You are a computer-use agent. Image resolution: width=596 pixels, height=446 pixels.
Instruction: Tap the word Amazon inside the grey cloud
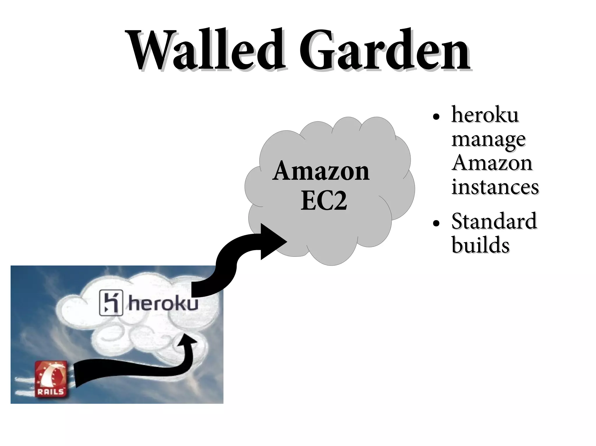pos(321,171)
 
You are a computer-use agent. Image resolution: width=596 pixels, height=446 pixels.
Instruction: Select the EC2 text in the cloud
pos(324,200)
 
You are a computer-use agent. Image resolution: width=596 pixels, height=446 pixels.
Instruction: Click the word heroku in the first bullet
pos(485,115)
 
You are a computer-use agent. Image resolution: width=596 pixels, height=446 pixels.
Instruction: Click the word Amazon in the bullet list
pos(492,163)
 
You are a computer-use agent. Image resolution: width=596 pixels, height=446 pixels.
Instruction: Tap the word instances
pos(495,187)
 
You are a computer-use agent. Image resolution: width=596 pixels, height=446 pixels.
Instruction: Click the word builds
pos(480,245)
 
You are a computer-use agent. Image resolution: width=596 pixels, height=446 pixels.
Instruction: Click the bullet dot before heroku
pos(436,117)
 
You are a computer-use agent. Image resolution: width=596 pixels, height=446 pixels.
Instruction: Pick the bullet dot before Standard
pos(436,223)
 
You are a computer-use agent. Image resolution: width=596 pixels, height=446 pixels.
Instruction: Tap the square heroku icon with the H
pos(111,302)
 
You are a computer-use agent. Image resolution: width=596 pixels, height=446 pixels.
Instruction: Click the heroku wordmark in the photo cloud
pos(163,304)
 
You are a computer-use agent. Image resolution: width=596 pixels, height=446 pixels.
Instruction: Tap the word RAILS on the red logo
pos(50,391)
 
